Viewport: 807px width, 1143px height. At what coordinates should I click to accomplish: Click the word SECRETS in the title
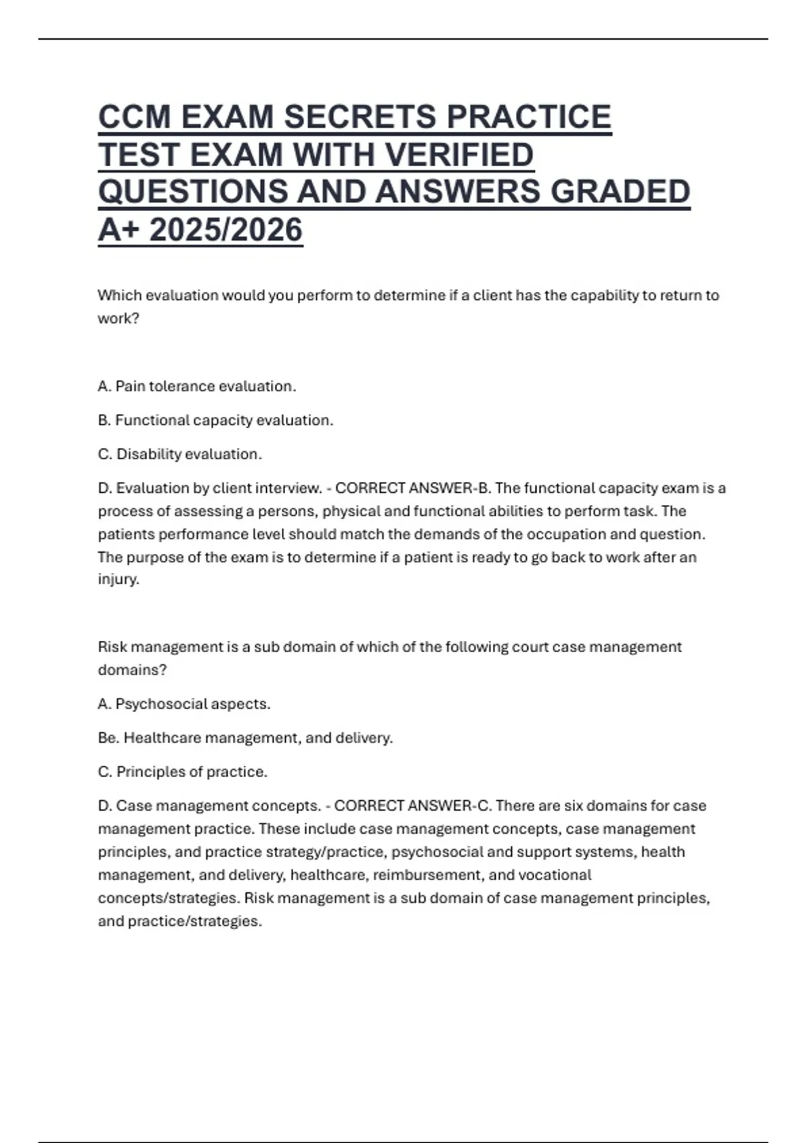(360, 117)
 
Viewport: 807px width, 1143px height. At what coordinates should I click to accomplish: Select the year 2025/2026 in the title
(225, 230)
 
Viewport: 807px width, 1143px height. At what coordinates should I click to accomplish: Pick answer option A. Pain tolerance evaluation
(196, 387)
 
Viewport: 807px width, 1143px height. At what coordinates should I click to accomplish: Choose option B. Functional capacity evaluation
(215, 420)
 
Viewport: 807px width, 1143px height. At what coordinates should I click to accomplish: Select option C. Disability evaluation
(180, 455)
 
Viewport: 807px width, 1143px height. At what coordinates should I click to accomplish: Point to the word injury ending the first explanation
(118, 580)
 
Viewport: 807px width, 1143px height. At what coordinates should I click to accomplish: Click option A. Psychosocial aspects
(184, 704)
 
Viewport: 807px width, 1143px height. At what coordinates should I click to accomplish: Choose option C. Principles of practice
(182, 772)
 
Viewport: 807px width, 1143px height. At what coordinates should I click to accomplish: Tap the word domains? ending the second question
(132, 670)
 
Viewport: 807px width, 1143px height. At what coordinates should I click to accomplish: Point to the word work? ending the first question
(118, 319)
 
